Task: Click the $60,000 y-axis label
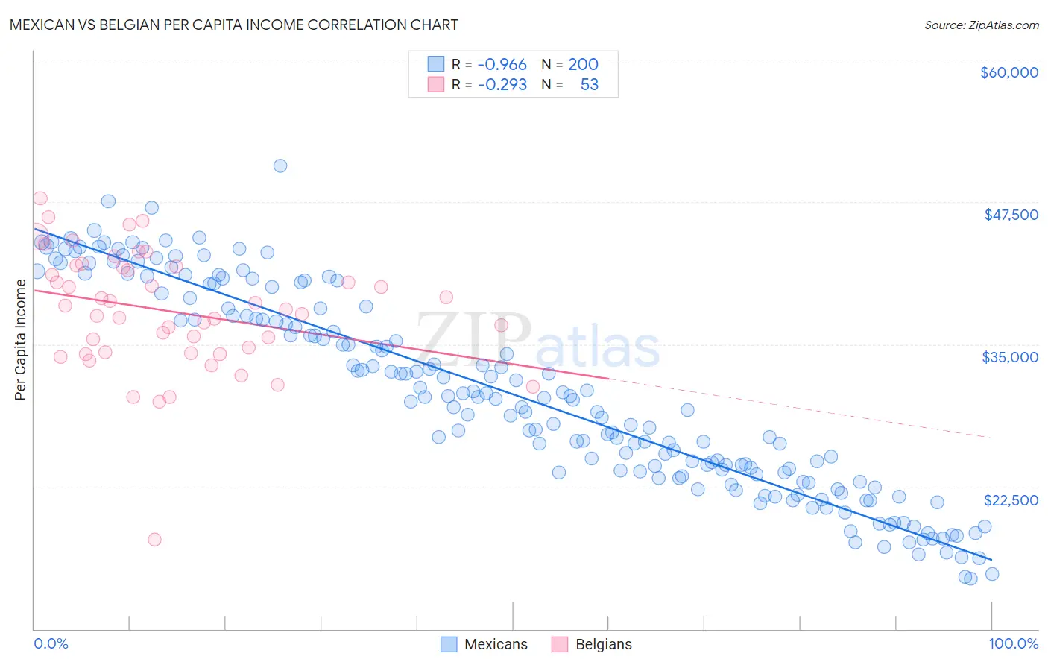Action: tap(1008, 72)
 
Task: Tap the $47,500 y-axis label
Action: tap(1011, 215)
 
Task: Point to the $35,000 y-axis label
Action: tap(1010, 357)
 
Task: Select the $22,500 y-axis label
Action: tap(1011, 500)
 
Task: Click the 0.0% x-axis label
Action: tap(51, 643)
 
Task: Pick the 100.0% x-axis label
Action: tap(1014, 643)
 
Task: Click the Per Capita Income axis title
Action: tap(21, 339)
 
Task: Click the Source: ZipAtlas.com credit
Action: tap(981, 25)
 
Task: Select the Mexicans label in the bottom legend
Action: tap(496, 644)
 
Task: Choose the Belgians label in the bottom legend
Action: tap(603, 644)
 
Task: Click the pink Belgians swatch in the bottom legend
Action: tap(561, 644)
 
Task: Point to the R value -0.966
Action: tap(502, 64)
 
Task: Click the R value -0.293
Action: tap(502, 84)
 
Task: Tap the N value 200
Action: tap(583, 64)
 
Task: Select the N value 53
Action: tap(589, 84)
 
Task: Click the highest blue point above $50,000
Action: tap(280, 166)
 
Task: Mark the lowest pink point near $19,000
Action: tap(154, 539)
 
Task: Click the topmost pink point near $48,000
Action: tap(40, 198)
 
